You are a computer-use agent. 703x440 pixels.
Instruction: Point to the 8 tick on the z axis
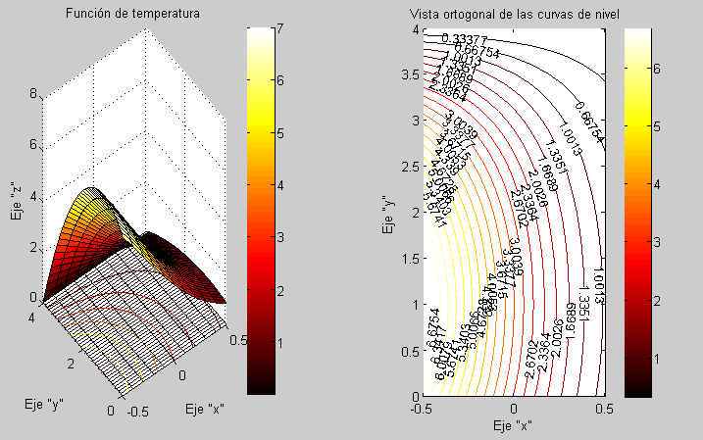pyautogui.click(x=34, y=95)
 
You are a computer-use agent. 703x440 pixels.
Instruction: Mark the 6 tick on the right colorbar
pyautogui.click(x=659, y=67)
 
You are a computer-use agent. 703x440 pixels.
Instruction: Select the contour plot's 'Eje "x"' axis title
pyautogui.click(x=513, y=425)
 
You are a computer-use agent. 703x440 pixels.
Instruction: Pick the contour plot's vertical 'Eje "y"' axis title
pyautogui.click(x=386, y=212)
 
